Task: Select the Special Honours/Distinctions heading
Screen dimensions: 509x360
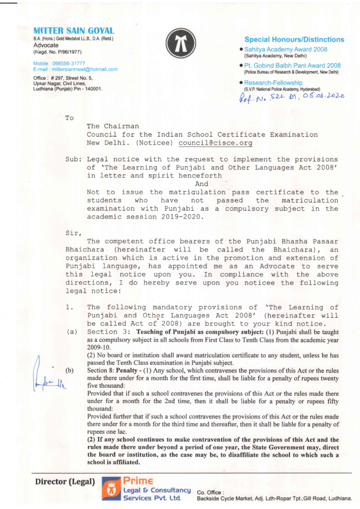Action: point(294,39)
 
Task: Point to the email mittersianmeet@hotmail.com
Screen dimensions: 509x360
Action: point(75,69)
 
